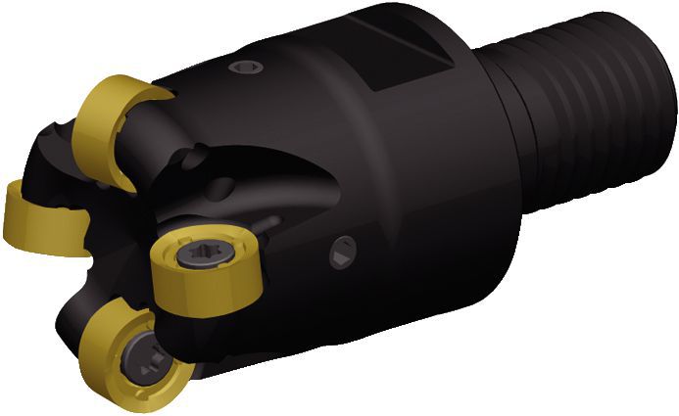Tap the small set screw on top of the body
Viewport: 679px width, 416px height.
coord(246,68)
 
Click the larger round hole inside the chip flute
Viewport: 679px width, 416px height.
coord(224,186)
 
